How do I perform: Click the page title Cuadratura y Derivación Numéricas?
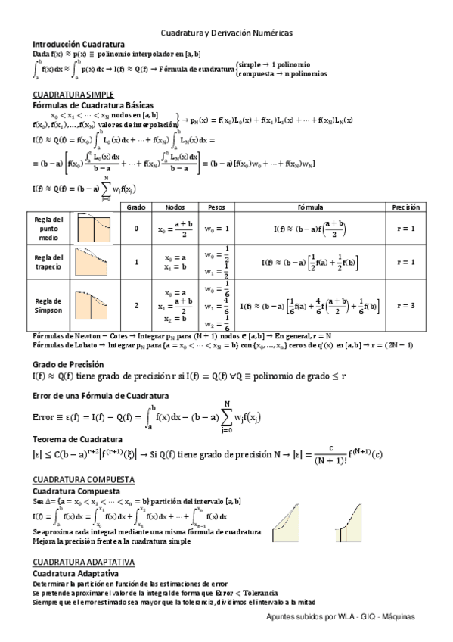click(226, 33)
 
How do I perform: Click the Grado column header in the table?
click(136, 207)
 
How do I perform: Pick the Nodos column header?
click(174, 207)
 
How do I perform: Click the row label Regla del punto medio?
click(48, 228)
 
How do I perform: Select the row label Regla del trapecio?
click(48, 262)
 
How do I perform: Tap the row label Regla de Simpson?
click(48, 305)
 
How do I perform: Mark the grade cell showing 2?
click(136, 306)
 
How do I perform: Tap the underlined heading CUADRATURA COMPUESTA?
click(83, 481)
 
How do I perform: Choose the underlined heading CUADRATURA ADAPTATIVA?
click(83, 563)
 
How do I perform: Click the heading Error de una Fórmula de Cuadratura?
click(101, 396)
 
